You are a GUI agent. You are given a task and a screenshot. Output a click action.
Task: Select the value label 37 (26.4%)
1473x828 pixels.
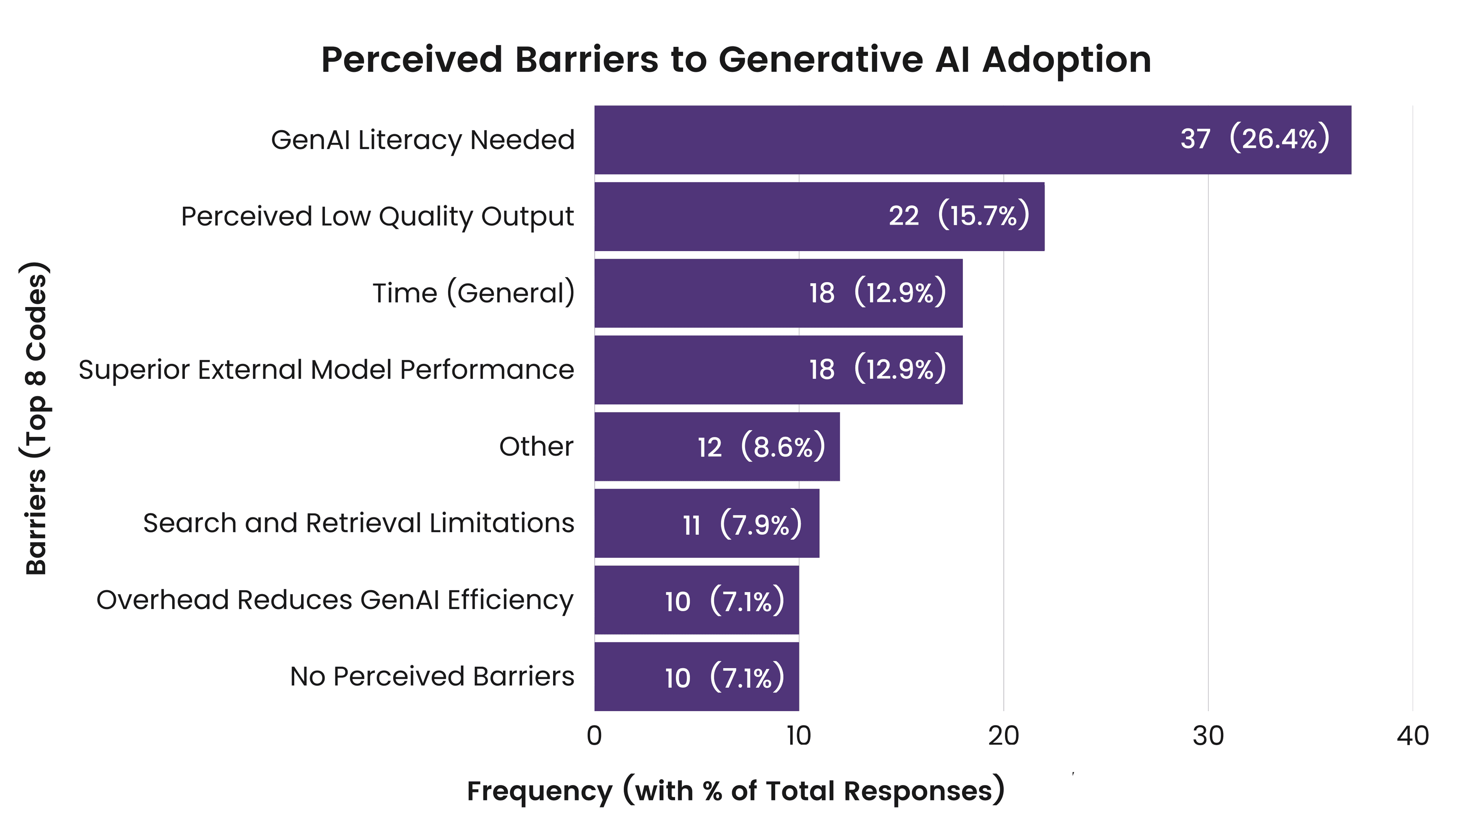(1255, 139)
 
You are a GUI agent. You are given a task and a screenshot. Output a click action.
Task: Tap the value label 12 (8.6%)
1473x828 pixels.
(761, 446)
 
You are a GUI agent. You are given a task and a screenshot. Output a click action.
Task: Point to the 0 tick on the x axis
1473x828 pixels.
(594, 736)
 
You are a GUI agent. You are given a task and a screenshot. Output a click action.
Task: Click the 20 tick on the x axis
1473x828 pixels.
(1003, 736)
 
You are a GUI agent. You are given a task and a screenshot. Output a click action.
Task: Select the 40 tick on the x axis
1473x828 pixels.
(1412, 736)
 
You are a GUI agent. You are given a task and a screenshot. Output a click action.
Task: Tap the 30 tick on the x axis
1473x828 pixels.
(1208, 736)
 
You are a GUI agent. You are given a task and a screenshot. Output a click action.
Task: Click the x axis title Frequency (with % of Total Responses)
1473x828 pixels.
(735, 791)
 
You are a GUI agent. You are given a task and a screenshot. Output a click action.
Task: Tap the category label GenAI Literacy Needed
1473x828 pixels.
(423, 140)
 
